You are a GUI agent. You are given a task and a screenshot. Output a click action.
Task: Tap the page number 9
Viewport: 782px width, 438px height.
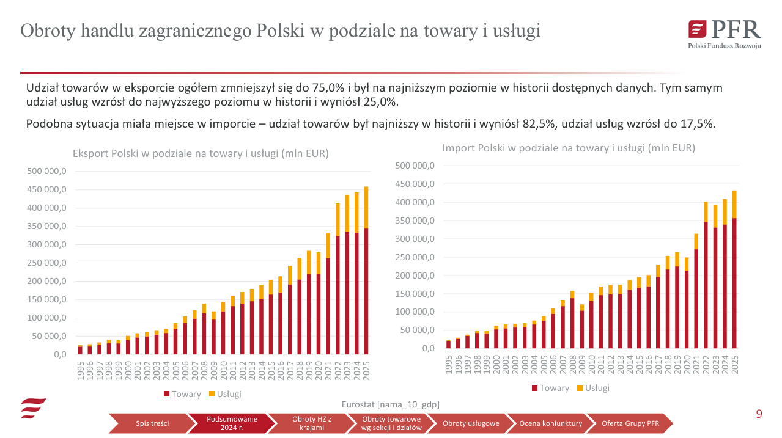click(x=759, y=414)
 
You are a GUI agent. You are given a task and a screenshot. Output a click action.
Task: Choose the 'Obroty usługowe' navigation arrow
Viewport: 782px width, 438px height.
click(x=470, y=423)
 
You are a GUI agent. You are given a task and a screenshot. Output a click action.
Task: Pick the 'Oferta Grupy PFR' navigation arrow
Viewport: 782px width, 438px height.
click(x=630, y=423)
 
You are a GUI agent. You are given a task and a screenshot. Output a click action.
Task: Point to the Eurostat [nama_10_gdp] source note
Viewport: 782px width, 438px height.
click(x=390, y=404)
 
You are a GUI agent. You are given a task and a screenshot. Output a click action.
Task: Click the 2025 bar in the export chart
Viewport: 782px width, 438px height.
click(x=366, y=275)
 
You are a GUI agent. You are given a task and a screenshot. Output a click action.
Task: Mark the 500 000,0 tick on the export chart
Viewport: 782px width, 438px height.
click(x=46, y=172)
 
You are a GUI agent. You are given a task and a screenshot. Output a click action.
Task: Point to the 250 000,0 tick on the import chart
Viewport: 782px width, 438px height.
click(x=415, y=257)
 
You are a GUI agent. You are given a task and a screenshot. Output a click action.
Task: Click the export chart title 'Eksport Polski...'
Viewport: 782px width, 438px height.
click(x=201, y=154)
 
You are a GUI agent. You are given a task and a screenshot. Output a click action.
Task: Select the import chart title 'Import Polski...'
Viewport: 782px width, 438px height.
click(x=569, y=148)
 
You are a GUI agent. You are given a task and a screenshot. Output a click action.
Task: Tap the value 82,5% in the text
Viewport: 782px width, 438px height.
click(x=539, y=124)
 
